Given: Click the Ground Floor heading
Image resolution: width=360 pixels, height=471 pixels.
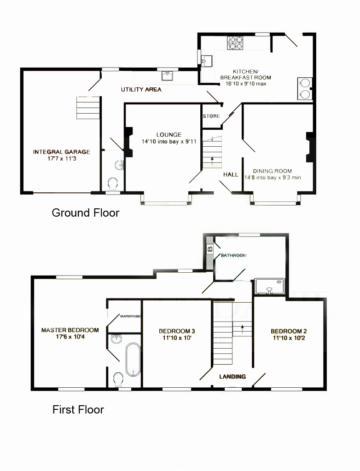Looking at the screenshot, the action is coord(86,213).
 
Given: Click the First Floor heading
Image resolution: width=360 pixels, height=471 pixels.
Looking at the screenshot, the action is coord(78,409).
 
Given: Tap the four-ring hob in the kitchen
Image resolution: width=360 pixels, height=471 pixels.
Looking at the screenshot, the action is coord(235,43).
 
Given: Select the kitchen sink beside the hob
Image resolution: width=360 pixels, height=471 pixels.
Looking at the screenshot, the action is coord(207,60).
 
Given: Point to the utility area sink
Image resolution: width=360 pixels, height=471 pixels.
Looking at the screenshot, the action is coord(167,76).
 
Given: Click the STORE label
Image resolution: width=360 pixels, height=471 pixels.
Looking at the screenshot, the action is coord(211,116).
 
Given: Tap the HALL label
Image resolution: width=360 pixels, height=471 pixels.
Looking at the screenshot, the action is coord(231,174).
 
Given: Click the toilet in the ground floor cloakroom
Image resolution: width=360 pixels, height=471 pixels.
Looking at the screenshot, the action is coord(113,184).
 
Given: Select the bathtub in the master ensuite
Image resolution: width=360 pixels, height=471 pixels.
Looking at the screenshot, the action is coord(133,360).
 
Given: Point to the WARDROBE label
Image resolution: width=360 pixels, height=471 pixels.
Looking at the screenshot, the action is coord(131,316).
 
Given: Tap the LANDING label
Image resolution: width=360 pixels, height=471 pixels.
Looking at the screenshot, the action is coord(232,376).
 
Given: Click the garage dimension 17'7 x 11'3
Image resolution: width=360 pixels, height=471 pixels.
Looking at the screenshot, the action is coord(62,159).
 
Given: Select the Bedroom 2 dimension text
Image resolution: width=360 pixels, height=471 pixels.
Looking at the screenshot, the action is coord(289,338).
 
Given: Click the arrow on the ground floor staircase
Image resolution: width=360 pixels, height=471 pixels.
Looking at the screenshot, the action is coord(212,161).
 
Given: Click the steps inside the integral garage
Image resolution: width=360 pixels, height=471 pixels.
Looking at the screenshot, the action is coord(88,108).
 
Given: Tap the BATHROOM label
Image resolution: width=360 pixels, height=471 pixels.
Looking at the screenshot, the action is coord(234,255).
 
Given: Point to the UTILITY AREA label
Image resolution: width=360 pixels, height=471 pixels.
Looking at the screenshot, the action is coord(141,90).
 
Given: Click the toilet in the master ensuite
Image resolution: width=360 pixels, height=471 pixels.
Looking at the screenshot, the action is coord(118,379).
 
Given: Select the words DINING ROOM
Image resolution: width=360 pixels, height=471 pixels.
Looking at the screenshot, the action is coord(272,171).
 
